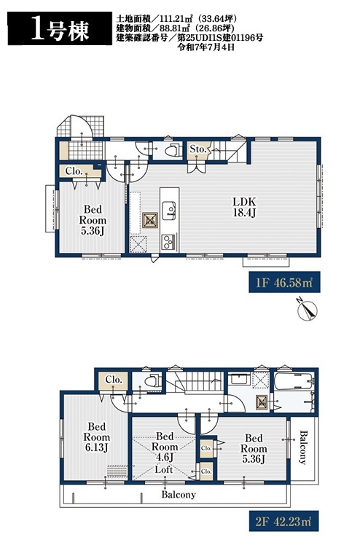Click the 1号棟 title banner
pos(60,28)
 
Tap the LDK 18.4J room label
pos(244,207)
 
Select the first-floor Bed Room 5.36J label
pos(93,220)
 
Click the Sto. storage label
pos(198,149)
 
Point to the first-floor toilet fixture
pos(173,150)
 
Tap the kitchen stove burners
pos(169,242)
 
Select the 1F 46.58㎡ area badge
pos(284,282)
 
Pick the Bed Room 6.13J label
pos(96,437)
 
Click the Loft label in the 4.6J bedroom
pos(164,469)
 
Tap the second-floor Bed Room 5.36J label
pos(254,449)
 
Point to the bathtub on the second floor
pos(294,381)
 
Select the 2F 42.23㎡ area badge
pos(283,521)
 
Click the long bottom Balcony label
pos(179,494)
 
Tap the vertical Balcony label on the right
pos(303,447)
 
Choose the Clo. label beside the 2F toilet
pos(114,380)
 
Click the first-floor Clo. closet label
pos(74,171)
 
